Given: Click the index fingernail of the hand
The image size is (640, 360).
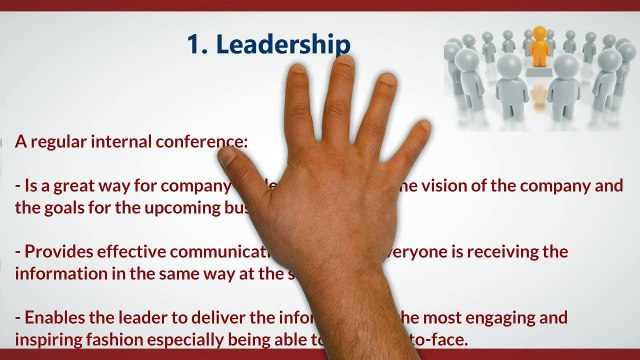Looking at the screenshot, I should click(300, 80).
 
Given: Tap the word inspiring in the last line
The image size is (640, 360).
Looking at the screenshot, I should click(51, 340).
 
